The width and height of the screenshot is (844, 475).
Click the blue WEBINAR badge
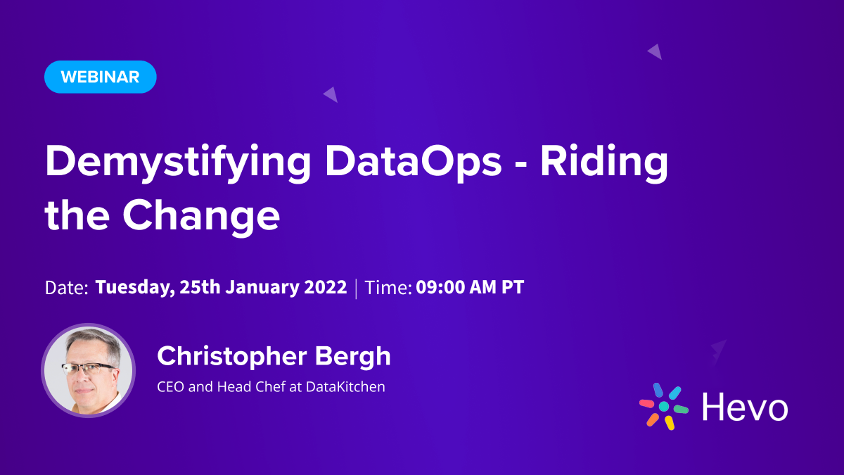pyautogui.click(x=100, y=77)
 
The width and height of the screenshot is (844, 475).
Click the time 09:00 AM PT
pyautogui.click(x=470, y=287)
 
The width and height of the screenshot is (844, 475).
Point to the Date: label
pyautogui.click(x=66, y=288)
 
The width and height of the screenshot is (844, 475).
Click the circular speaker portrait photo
pyautogui.click(x=88, y=371)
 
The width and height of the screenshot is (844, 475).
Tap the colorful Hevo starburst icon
pyautogui.click(x=663, y=406)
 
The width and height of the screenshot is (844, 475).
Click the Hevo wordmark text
pyautogui.click(x=745, y=407)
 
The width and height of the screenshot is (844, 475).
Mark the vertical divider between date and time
pyautogui.click(x=356, y=288)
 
